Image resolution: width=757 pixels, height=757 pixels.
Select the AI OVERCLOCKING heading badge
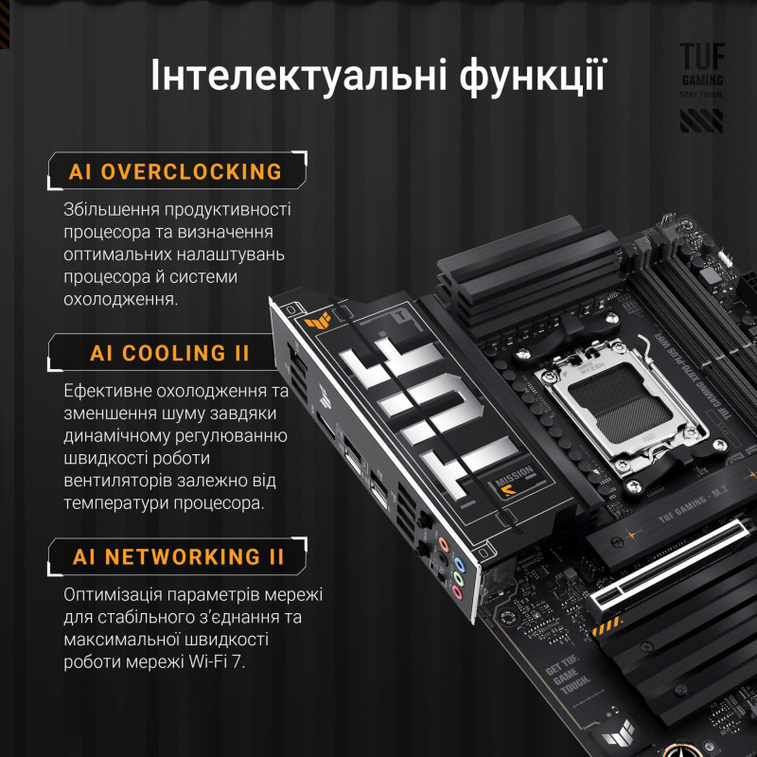(x=176, y=171)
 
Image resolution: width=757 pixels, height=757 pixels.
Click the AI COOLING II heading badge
(x=170, y=353)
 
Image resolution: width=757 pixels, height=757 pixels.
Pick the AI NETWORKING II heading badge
(x=179, y=555)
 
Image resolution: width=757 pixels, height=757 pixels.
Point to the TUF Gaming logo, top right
(x=701, y=86)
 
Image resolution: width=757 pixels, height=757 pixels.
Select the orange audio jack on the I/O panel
(x=442, y=544)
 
